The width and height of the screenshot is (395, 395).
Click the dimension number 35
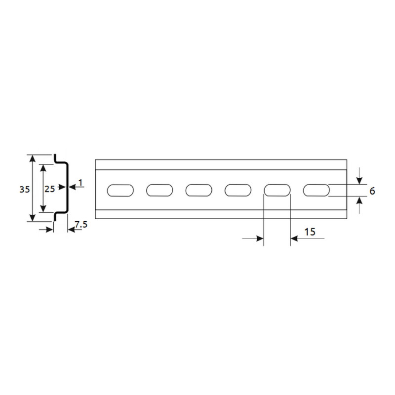pos(25,189)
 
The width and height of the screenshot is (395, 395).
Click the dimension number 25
pos(50,189)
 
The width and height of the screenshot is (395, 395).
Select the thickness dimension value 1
pos(80,183)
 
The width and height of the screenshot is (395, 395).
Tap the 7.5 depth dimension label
pos(81,224)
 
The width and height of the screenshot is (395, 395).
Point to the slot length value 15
pos(310,232)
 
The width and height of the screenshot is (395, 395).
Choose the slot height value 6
pos(372,191)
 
